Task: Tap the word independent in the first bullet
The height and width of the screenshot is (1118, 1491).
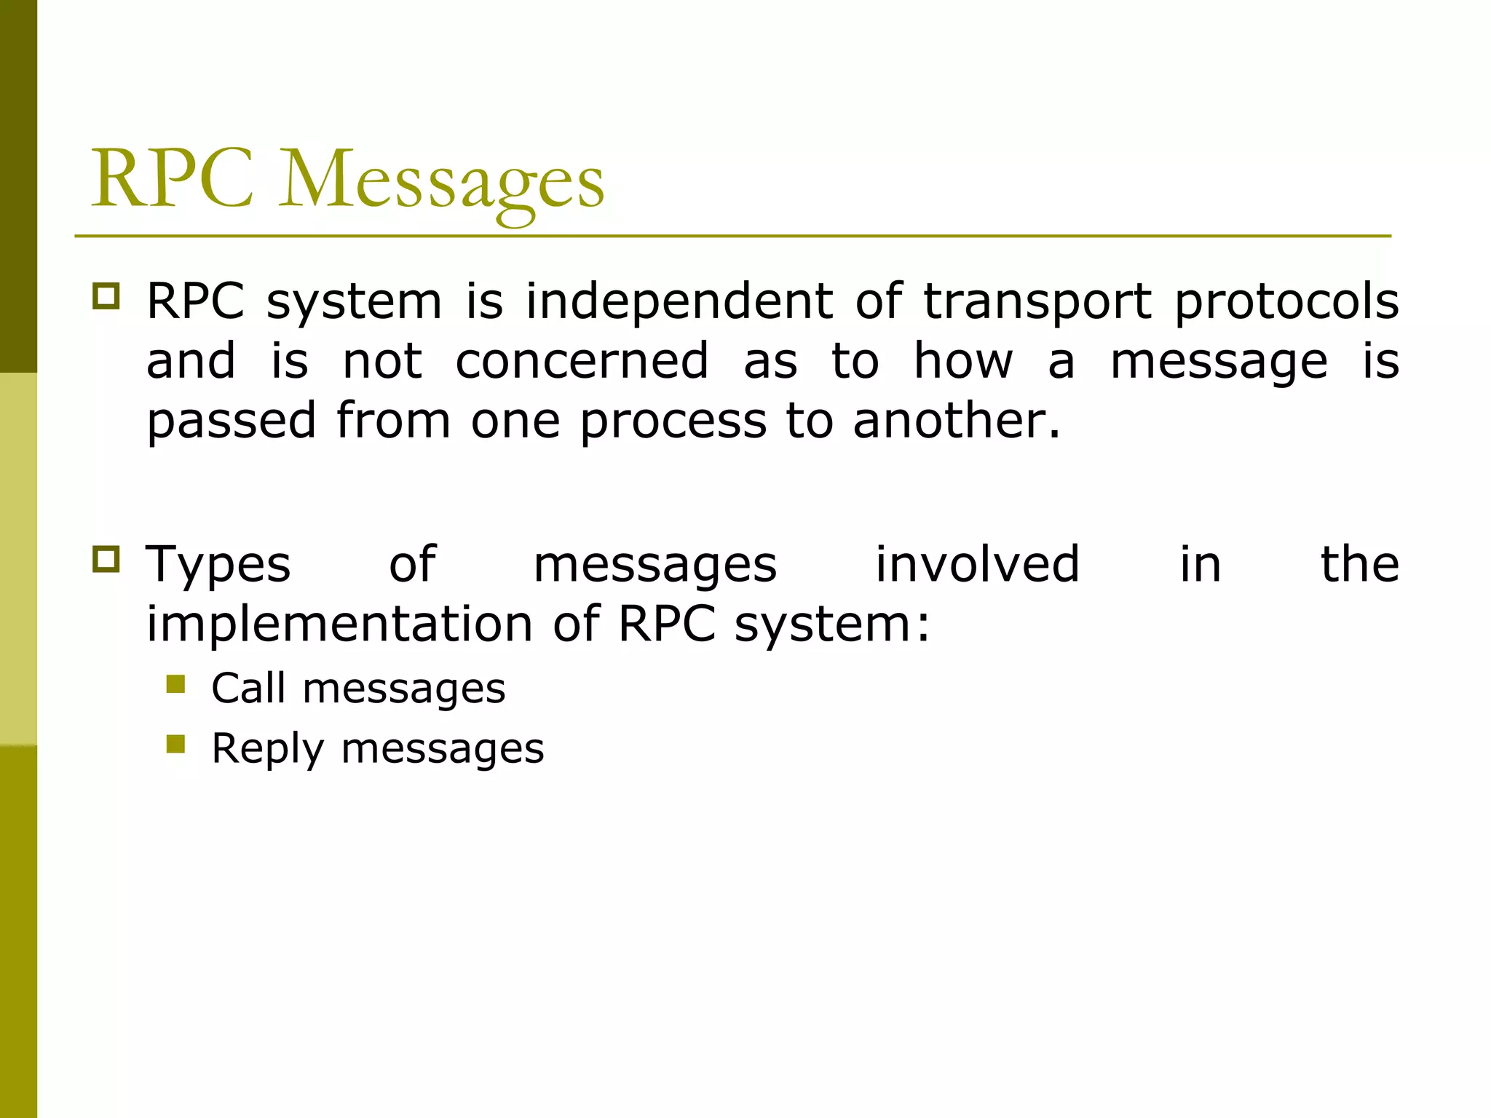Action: pos(679,301)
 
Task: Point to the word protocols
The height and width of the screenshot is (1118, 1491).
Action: pos(1286,303)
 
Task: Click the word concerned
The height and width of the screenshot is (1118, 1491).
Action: pos(582,361)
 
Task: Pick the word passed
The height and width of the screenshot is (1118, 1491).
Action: pos(231,422)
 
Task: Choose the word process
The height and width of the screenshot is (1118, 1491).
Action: pos(673,422)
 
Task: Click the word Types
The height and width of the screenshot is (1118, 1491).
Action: pos(218,566)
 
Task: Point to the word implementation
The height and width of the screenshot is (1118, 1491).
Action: pos(340,625)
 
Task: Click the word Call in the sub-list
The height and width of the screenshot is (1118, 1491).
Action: pos(248,688)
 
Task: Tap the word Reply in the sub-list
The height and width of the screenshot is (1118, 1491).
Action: pos(267,750)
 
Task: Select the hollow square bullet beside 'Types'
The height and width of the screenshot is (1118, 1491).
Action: pos(106,559)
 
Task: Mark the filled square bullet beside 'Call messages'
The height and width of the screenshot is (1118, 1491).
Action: pos(175,684)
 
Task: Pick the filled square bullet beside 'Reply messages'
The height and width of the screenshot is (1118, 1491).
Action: pos(175,744)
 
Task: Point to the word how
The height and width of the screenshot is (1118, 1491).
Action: pos(962,361)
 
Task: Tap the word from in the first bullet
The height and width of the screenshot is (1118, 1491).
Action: pos(393,421)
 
